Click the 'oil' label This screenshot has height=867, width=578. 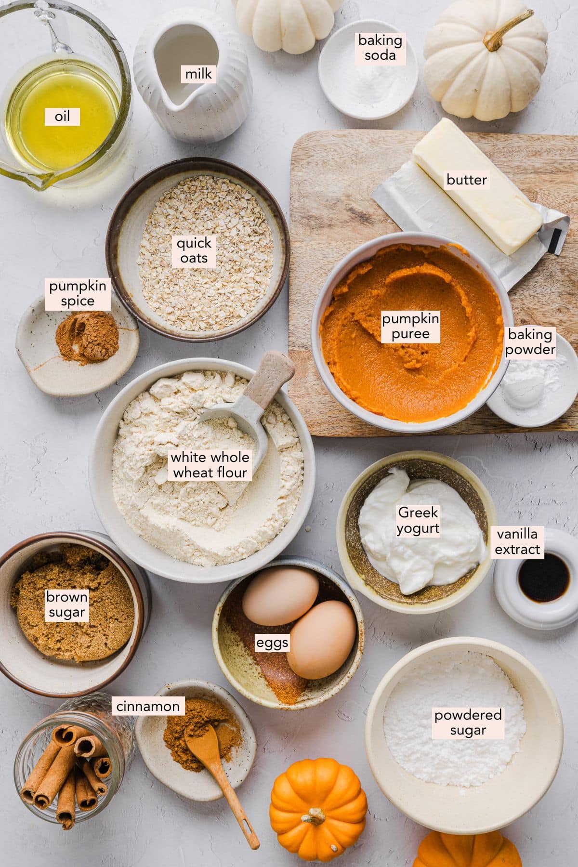(x=62, y=116)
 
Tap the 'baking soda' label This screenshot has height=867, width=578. (x=380, y=47)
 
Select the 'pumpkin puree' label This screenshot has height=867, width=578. (x=410, y=326)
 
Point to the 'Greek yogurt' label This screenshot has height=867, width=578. (x=418, y=520)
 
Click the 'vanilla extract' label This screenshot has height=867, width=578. (x=517, y=541)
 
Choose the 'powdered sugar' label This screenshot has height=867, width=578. (x=468, y=722)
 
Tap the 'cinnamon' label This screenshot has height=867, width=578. (x=148, y=707)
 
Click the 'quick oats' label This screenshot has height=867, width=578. (x=194, y=250)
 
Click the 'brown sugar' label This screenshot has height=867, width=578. (x=66, y=605)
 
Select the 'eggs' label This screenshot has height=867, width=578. (x=272, y=643)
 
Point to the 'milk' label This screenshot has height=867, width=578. (x=198, y=74)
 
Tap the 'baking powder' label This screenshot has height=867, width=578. (x=530, y=342)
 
